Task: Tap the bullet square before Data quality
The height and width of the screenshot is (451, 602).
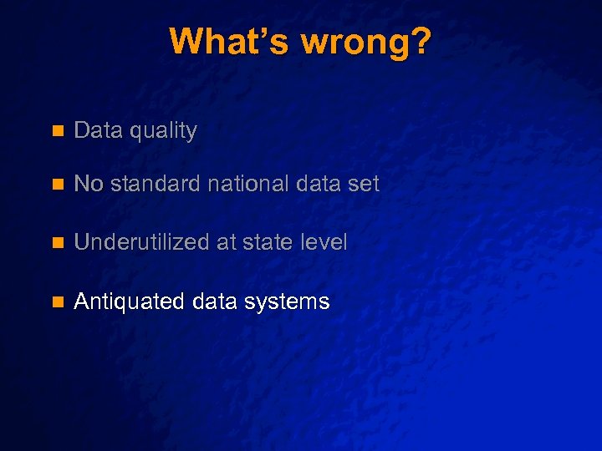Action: coord(57,131)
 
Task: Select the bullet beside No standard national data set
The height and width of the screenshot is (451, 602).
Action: coord(57,185)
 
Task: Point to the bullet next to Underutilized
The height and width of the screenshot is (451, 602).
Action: coord(57,243)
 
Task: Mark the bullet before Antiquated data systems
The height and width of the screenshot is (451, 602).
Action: coord(57,302)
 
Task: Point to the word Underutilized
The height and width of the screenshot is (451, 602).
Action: coord(141,242)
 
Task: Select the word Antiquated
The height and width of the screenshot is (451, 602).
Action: coord(130,302)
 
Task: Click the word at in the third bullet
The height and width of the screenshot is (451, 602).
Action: coord(225,243)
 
